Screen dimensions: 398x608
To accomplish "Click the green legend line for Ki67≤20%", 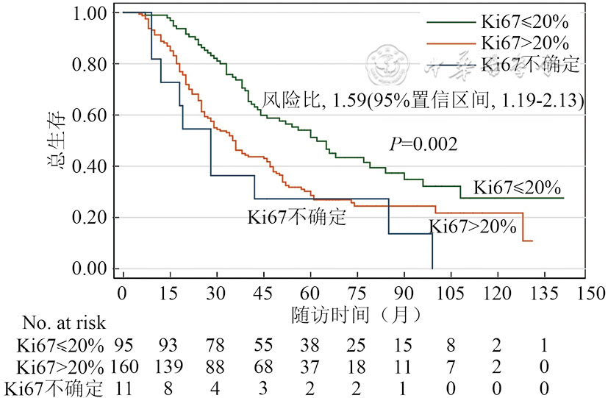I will coord(448,19).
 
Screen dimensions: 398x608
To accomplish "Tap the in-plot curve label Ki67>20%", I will coord(473,227).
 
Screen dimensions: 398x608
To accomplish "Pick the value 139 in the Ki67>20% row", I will coord(169,366).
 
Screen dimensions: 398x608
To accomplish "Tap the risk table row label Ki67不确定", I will coord(51,388).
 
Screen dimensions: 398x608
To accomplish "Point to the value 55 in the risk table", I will coord(263,344).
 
